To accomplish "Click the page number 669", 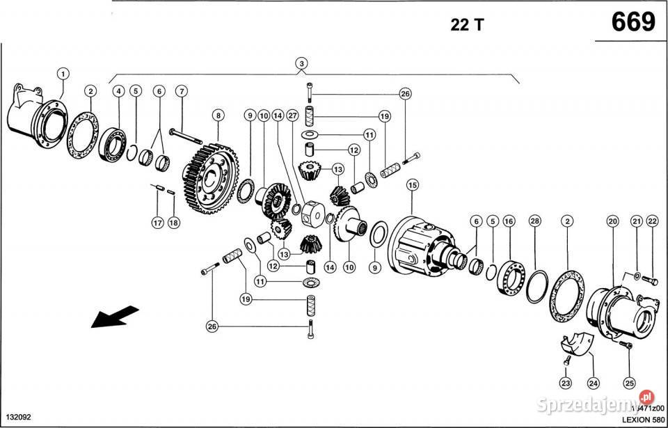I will (633, 22).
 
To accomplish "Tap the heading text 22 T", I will (467, 25).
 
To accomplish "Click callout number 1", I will (63, 73).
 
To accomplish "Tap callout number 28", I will (534, 221).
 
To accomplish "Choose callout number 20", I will (612, 221).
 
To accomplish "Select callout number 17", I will (158, 223).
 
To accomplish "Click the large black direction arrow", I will (113, 317).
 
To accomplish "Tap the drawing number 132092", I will (17, 418).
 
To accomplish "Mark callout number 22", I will (652, 221).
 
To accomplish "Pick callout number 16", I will (509, 221).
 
